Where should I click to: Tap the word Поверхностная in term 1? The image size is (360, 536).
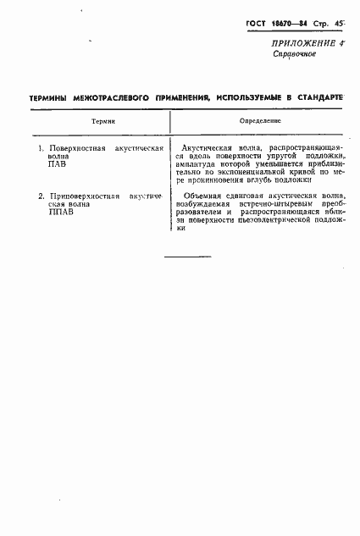76,148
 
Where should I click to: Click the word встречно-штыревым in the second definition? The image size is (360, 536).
260,205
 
